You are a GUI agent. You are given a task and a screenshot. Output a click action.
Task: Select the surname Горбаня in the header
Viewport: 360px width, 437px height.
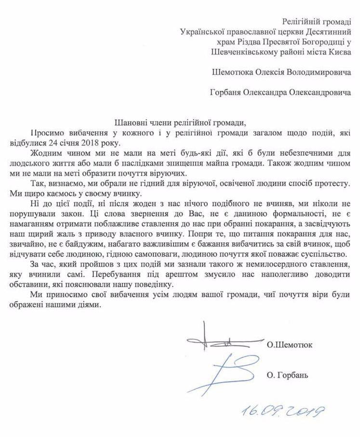(x=231, y=95)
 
